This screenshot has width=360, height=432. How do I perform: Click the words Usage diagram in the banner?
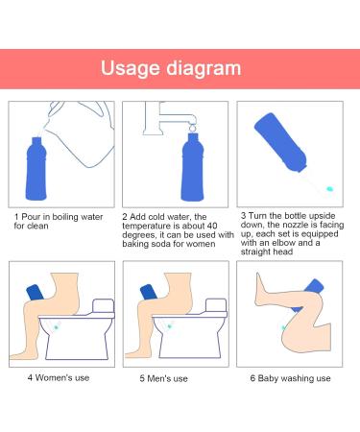tap(171, 69)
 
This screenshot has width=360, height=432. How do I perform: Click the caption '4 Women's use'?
tap(59, 377)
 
